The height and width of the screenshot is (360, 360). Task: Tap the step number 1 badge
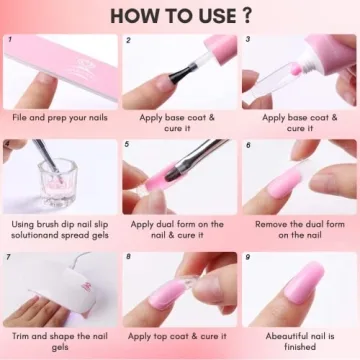(9, 41)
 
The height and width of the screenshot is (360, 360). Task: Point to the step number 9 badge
(247, 257)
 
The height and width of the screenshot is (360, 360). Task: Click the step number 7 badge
(9, 257)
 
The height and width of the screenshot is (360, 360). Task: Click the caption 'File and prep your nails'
(59, 117)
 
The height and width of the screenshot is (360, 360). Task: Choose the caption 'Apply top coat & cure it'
(179, 337)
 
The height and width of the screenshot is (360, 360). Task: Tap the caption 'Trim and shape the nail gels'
(59, 343)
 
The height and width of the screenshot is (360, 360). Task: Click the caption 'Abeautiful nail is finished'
(299, 343)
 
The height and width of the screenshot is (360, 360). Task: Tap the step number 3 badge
(247, 41)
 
